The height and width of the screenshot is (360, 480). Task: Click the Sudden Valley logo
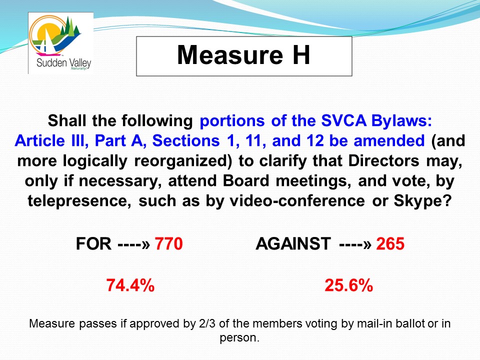[x=60, y=43]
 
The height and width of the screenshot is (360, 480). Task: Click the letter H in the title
[x=301, y=55]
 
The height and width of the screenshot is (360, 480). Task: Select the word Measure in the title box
[x=230, y=55]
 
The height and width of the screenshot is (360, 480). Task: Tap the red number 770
[x=168, y=244]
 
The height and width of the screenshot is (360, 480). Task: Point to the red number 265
[x=390, y=244]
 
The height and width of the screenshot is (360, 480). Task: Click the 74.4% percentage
[x=130, y=285]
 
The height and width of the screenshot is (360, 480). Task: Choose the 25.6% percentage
[x=348, y=285]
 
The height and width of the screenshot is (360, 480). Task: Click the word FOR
[x=93, y=244]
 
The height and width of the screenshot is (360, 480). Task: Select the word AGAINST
[x=293, y=244]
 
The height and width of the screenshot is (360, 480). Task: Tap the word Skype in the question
[x=423, y=201]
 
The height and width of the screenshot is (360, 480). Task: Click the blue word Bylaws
[x=401, y=120]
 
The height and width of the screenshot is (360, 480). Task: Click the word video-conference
[x=297, y=201]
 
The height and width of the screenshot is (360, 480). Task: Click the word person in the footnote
[x=239, y=337]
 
